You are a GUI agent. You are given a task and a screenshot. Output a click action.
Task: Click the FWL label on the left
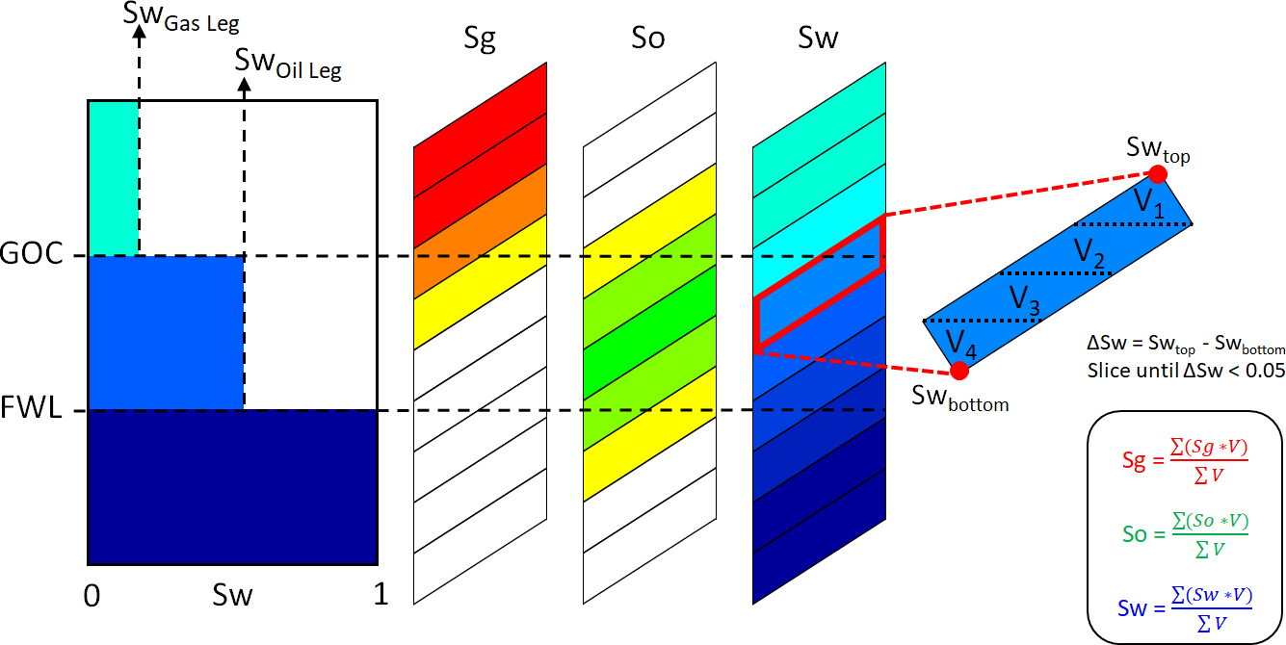(32, 410)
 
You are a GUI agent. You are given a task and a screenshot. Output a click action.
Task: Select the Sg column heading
(479, 39)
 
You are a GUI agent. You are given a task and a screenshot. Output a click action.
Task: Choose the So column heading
(648, 39)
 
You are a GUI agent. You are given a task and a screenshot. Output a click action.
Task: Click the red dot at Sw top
(1158, 174)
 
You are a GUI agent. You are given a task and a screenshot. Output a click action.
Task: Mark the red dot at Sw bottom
(958, 371)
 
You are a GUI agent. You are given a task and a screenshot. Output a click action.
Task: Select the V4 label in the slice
(961, 342)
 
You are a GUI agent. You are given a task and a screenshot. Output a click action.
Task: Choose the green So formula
(1185, 532)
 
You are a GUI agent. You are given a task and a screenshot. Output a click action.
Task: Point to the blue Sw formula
(1185, 606)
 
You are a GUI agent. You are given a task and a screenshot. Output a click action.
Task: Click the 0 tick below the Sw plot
(92, 596)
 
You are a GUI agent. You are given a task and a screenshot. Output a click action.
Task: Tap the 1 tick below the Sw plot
(381, 596)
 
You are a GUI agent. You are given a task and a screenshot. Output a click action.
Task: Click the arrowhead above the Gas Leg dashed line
(139, 32)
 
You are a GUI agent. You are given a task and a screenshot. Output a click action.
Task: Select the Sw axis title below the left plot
(232, 596)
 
